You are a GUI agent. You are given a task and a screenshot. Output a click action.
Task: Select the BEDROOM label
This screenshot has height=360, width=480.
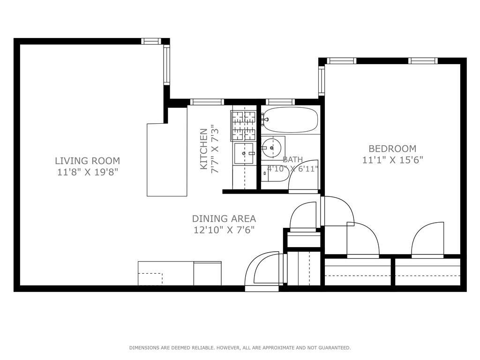point(392,149)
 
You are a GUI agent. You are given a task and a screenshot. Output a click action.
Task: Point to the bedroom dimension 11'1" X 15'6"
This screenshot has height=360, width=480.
point(392,160)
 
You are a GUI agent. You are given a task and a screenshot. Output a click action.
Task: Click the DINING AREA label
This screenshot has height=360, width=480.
point(224,218)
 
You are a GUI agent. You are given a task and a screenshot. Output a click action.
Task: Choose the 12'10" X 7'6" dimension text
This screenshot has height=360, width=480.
point(224,230)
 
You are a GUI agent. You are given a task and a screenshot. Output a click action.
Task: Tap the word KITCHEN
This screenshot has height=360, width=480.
point(204,149)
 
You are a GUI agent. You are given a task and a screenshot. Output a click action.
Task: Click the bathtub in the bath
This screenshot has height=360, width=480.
point(290,120)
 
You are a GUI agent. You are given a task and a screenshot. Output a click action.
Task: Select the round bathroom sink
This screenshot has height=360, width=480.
point(272,148)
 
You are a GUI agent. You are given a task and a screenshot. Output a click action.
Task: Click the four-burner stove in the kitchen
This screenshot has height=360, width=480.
point(244,125)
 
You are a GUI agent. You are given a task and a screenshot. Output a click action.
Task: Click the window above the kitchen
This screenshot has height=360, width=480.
point(207,102)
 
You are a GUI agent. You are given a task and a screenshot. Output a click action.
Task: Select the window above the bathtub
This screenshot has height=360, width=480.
point(280,102)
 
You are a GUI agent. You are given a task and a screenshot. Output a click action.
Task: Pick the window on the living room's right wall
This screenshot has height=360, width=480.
point(166,65)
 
